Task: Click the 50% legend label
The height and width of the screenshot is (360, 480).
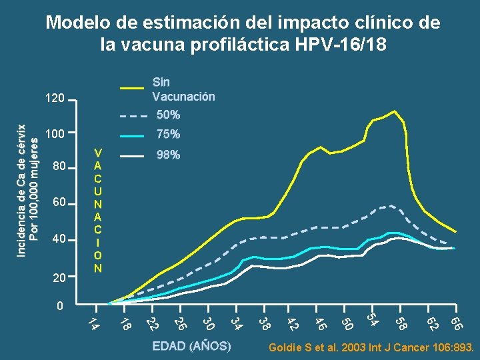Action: tap(167, 115)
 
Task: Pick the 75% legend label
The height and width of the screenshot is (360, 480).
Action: tap(167, 135)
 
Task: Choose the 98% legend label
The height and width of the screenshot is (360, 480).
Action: tap(167, 155)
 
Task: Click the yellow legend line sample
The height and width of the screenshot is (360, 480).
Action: tap(131, 88)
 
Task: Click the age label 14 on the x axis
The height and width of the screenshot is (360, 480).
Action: tap(94, 324)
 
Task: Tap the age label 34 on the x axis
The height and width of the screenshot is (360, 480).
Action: tap(235, 324)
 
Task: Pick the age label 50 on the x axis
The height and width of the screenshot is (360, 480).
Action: tap(347, 324)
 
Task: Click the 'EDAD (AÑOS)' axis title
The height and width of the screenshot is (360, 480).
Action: tap(192, 347)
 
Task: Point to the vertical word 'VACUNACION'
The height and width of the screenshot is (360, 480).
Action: tap(98, 209)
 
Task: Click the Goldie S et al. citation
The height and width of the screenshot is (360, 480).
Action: tap(371, 348)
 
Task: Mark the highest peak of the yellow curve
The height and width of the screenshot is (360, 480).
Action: tap(395, 111)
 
